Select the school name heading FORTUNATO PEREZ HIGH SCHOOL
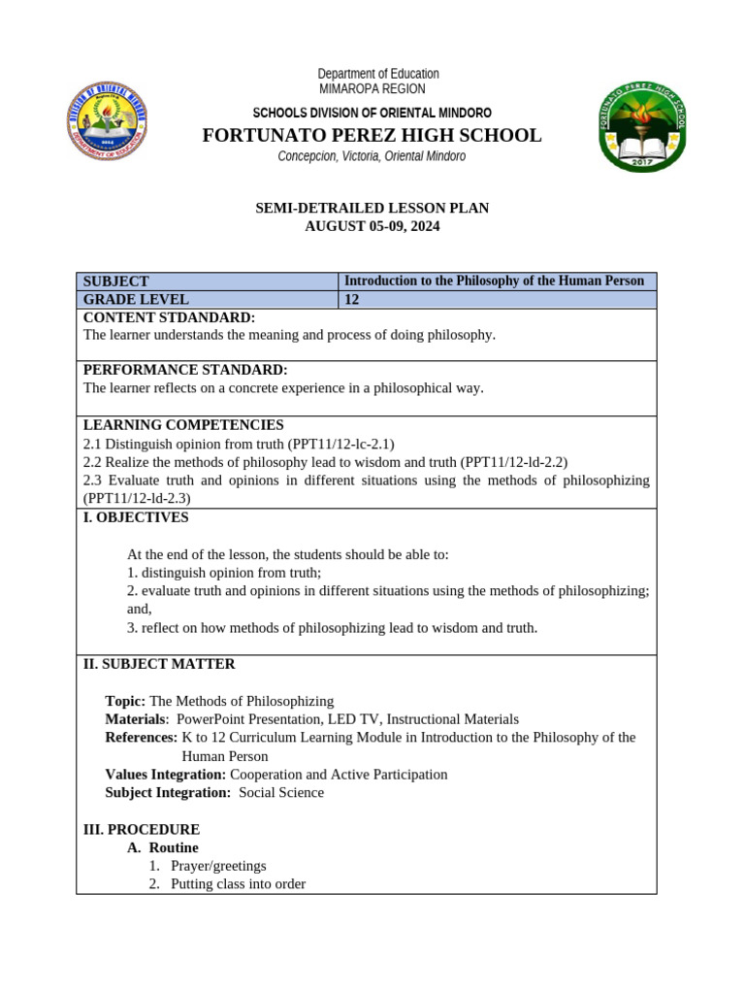[x=372, y=135]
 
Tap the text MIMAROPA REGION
[x=372, y=89]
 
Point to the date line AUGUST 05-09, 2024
[x=372, y=226]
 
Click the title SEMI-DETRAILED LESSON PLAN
[x=372, y=208]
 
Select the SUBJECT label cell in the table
[x=116, y=282]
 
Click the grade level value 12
[x=352, y=300]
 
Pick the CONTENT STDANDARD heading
[x=169, y=317]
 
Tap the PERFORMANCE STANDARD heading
[x=185, y=370]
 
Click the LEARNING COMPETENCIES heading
[x=183, y=425]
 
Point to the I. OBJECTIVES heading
[x=136, y=517]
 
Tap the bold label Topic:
[x=125, y=701]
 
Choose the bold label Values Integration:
[x=165, y=775]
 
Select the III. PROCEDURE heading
[x=142, y=829]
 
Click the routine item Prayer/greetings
[x=218, y=866]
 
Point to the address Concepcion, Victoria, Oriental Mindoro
[x=372, y=156]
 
